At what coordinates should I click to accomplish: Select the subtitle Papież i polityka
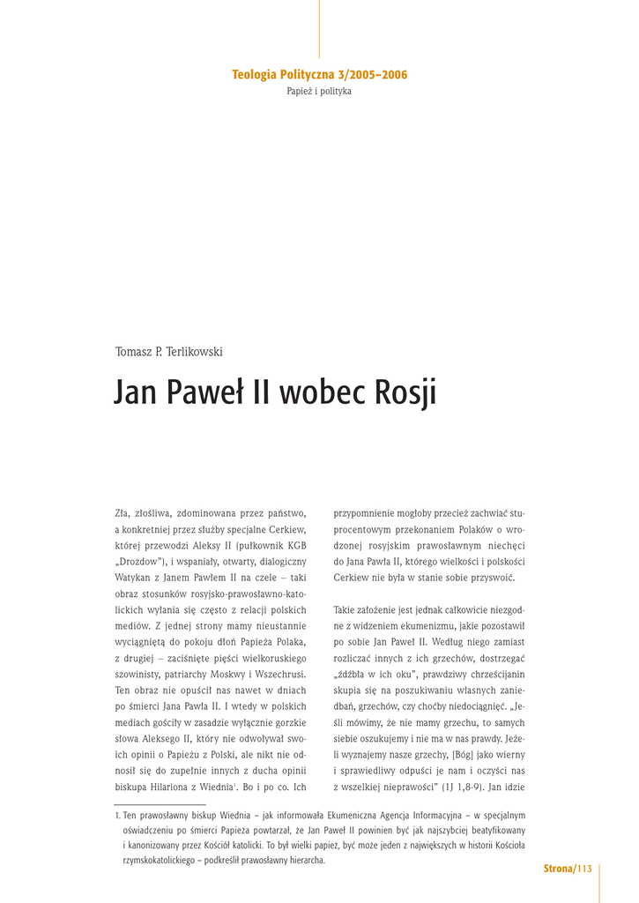tap(319, 92)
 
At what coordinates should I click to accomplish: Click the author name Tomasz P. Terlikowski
tap(168, 352)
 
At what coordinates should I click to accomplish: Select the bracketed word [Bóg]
tap(467, 754)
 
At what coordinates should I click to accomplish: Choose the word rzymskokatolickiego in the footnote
tap(162, 860)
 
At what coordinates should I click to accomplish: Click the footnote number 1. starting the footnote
tap(117, 816)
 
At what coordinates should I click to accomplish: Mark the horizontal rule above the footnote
tap(160, 804)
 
